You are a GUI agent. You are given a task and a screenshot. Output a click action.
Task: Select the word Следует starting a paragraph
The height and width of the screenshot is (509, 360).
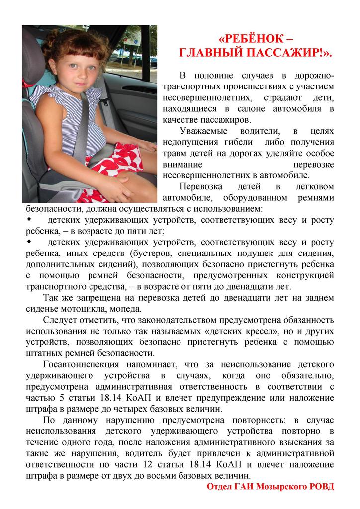click(x=61, y=320)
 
